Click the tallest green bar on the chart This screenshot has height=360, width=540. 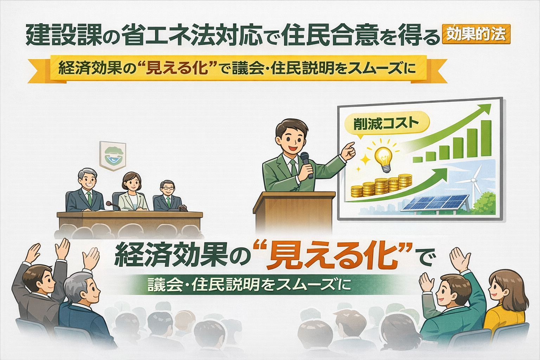pyautogui.click(x=486, y=138)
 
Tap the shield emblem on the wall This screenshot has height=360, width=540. pyautogui.click(x=113, y=156)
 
